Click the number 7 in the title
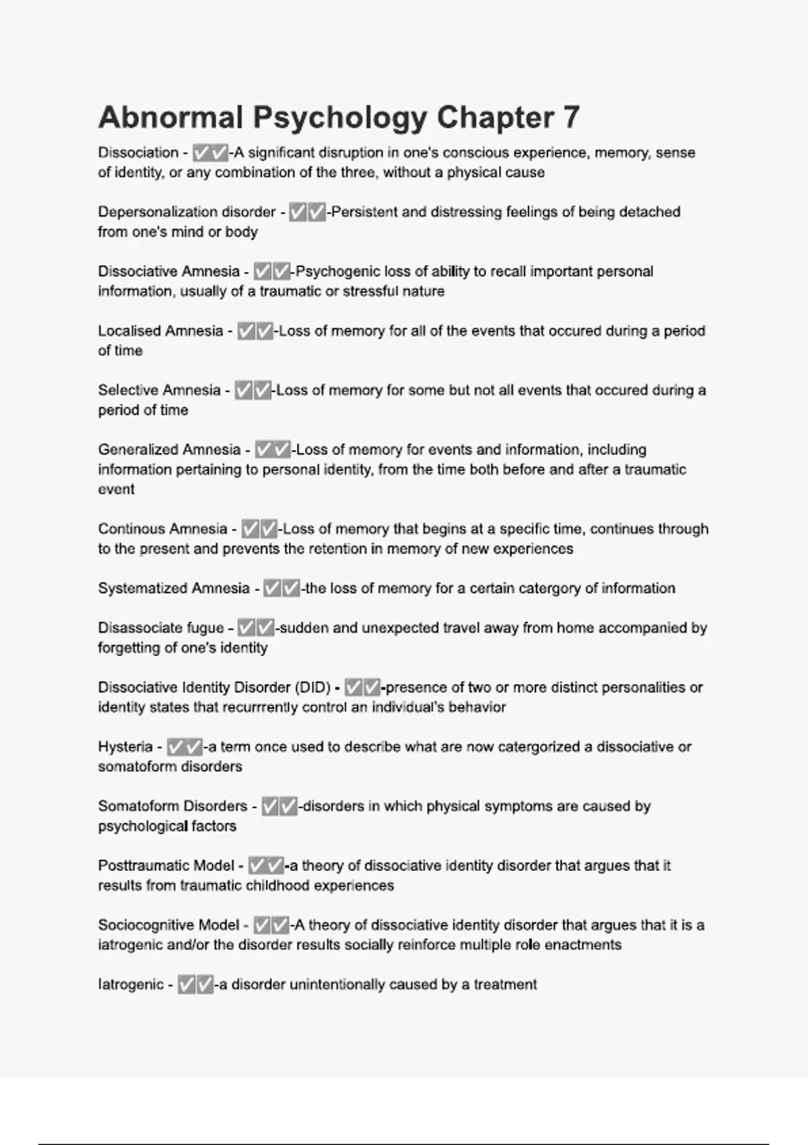[x=571, y=118]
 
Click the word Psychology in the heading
[x=339, y=118]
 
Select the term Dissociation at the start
[x=138, y=153]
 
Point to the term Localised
[x=127, y=331]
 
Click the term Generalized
[x=135, y=449]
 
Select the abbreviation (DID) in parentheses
[x=312, y=688]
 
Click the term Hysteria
[x=125, y=747]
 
